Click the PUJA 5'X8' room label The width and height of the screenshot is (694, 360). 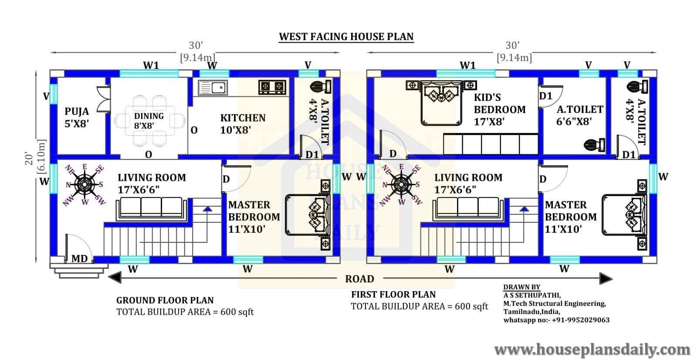pos(77,118)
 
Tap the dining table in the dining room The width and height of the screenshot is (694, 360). pos(150,121)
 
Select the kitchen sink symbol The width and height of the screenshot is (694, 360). pos(213,88)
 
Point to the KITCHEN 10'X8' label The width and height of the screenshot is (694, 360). pos(243,124)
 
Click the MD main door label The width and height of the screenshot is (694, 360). pos(79,258)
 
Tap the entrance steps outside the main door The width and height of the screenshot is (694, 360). pos(79,271)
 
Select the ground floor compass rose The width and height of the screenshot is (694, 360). pos(85,185)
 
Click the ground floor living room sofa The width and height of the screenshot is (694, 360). pos(152,210)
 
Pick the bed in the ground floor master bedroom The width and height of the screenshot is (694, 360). pos(308,214)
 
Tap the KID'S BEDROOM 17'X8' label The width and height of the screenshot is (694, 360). pos(500,109)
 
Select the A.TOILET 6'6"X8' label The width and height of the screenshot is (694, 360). pos(580,115)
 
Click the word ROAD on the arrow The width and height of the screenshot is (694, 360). pos(360,279)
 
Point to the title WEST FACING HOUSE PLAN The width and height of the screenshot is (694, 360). pos(346,37)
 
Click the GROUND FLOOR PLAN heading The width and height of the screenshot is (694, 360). pos(165,300)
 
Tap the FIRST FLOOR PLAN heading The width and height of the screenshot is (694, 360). pos(393,294)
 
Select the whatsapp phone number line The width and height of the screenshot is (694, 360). pos(556,320)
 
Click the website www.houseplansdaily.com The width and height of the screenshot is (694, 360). pos(592,350)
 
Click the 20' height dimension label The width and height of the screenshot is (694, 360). pos(29,159)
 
